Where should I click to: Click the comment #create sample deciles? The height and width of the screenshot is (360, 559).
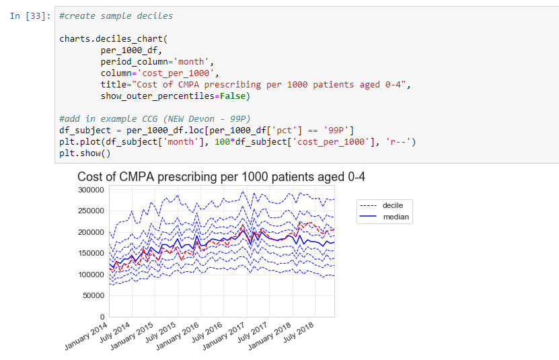(116, 15)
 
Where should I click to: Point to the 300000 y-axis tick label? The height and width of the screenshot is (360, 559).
(91, 190)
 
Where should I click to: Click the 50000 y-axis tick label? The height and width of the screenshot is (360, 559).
(93, 295)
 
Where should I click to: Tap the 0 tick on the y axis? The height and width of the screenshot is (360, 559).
(102, 316)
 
